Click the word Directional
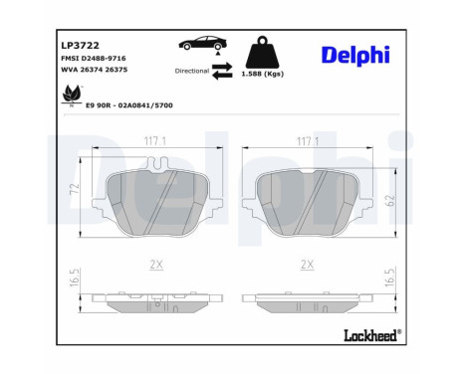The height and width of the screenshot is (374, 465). coord(191,73)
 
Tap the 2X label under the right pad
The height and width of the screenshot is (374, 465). coord(308,264)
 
